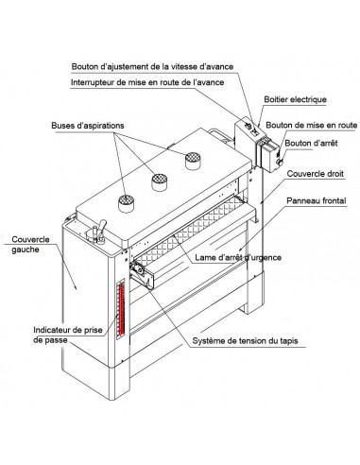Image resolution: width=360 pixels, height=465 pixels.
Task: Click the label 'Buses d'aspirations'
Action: click(x=88, y=126)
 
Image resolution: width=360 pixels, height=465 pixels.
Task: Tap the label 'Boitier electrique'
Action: click(x=295, y=99)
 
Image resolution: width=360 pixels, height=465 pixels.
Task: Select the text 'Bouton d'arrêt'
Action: click(x=311, y=143)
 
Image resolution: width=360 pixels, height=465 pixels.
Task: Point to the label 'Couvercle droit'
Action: click(x=316, y=174)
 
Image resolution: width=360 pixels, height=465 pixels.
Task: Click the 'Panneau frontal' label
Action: click(x=317, y=200)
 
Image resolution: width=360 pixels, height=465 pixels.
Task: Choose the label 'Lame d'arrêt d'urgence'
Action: click(x=238, y=257)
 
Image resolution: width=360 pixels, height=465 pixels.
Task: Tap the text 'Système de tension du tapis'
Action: click(x=245, y=341)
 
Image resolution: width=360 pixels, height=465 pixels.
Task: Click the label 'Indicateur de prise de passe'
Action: click(x=68, y=335)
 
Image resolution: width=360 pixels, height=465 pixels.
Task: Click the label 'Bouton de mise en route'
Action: click(x=312, y=125)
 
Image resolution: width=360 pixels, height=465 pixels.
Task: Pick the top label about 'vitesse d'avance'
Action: click(x=152, y=67)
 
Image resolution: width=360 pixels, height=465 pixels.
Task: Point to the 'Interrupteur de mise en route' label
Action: click(x=147, y=82)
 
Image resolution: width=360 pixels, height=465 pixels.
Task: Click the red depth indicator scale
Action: click(x=121, y=309)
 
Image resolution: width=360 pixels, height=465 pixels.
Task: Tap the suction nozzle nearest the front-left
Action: click(x=126, y=203)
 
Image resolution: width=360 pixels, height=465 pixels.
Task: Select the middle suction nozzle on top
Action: click(x=160, y=182)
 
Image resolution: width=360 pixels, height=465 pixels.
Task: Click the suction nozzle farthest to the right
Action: click(x=193, y=161)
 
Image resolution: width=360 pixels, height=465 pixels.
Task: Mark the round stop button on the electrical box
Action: click(x=279, y=163)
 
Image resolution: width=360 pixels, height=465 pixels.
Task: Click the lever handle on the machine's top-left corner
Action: click(x=102, y=227)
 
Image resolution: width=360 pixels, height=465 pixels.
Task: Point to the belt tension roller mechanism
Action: click(x=142, y=273)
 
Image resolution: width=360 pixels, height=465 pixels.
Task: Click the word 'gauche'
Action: click(x=26, y=250)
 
